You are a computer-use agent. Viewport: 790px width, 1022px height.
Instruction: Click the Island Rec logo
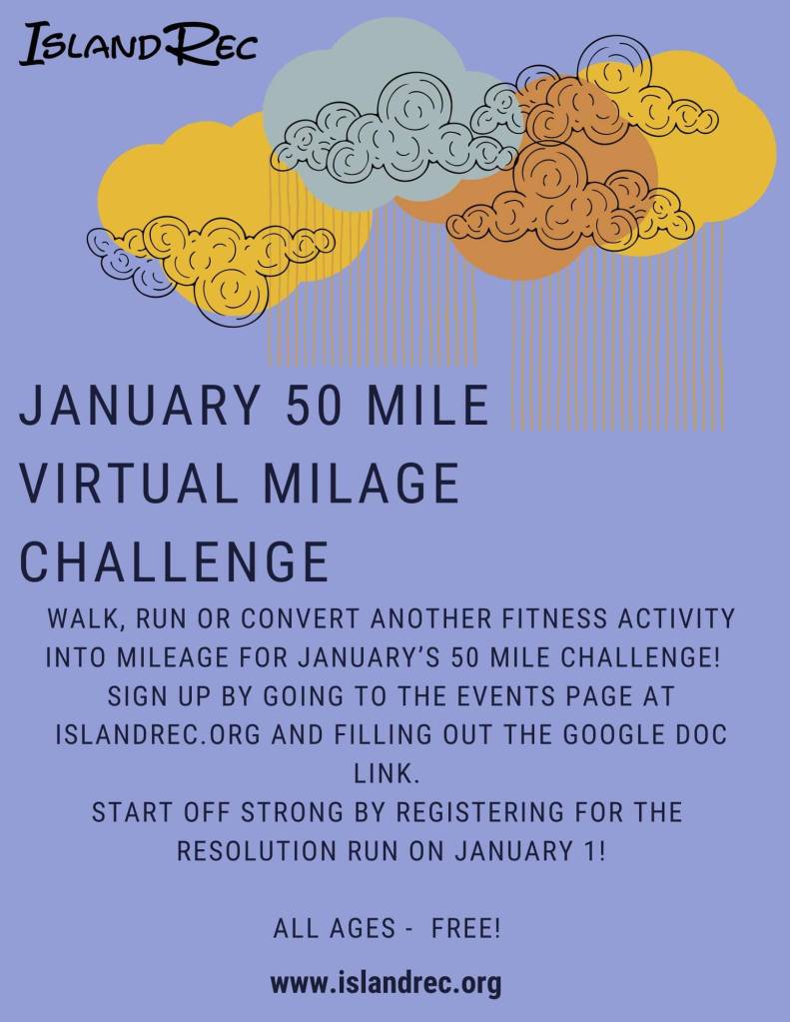(x=138, y=44)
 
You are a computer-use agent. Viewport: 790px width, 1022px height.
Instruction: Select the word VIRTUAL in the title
(x=129, y=483)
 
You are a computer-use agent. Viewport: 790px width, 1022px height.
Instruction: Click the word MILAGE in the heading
(x=363, y=483)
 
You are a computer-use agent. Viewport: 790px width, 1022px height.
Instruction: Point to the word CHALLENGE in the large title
(x=174, y=561)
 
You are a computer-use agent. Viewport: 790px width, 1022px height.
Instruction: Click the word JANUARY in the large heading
(x=140, y=405)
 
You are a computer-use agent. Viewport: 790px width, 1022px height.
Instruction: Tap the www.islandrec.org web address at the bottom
(x=386, y=983)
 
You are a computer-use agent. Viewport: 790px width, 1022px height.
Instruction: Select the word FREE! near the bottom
(x=466, y=928)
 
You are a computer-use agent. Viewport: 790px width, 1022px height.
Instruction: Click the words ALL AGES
(x=335, y=928)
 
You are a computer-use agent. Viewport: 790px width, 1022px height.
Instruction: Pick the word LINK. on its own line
(x=387, y=773)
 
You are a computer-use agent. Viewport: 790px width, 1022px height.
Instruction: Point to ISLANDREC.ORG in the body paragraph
(x=158, y=734)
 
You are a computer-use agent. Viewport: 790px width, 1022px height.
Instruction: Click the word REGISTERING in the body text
(x=480, y=813)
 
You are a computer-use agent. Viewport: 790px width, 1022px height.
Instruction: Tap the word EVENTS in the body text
(x=505, y=696)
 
